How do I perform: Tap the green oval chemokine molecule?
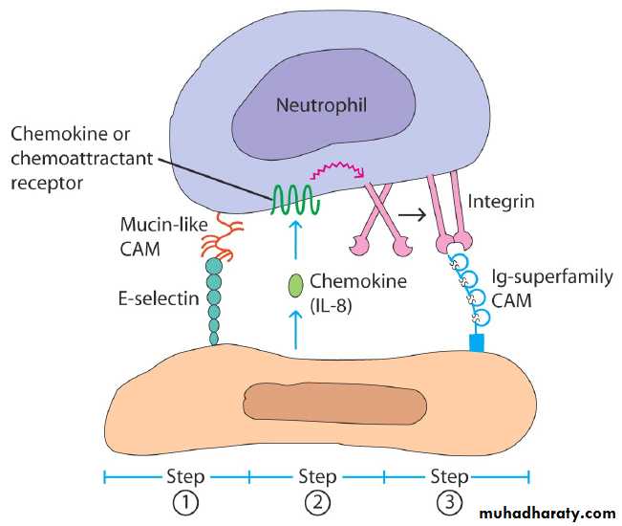click(296, 285)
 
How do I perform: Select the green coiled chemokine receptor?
click(297, 198)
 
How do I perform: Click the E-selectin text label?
click(161, 297)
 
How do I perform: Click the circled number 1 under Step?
click(185, 502)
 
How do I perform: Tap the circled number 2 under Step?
click(317, 502)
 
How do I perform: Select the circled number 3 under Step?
click(449, 502)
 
